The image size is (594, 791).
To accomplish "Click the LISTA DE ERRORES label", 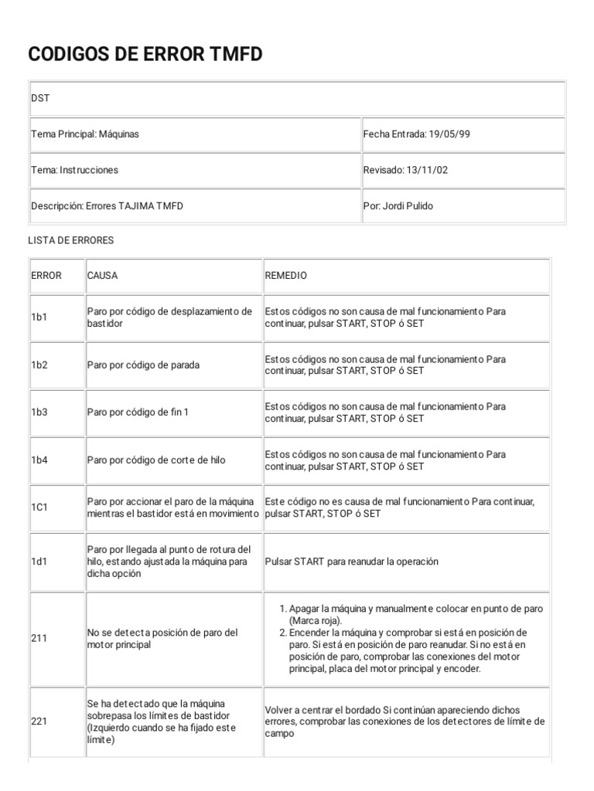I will (x=70, y=240).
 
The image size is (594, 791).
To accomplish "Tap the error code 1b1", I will (x=39, y=317).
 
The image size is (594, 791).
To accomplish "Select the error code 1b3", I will (x=39, y=412).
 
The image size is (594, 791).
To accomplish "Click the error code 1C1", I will (x=39, y=508).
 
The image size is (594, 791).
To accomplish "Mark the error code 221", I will (x=39, y=721).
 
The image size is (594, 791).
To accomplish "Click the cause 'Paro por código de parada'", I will (x=143, y=365).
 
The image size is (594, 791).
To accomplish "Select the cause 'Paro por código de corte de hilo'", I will (x=156, y=460).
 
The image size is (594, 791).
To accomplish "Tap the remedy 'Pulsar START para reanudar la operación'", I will (x=351, y=562).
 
